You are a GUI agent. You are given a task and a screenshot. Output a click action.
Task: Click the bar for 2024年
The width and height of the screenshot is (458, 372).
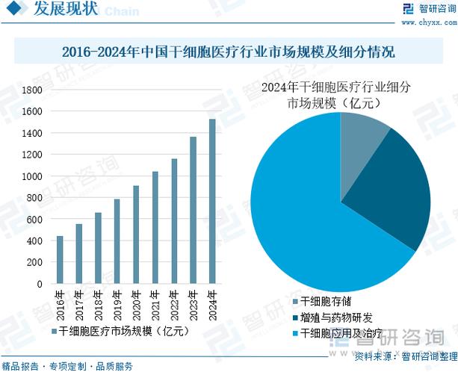point(212,202)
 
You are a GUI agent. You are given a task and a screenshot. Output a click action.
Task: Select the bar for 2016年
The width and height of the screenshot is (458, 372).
point(60,260)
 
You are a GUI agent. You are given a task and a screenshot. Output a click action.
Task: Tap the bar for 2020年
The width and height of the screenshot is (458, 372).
point(136,235)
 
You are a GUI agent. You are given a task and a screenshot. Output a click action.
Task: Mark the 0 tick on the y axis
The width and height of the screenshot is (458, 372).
point(39,285)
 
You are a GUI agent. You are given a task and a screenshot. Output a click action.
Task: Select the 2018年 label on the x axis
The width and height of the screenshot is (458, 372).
point(98,302)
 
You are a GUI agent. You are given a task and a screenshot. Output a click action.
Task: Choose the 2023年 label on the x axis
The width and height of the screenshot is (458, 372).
point(194,302)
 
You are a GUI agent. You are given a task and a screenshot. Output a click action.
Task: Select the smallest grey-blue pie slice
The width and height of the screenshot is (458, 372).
point(362,142)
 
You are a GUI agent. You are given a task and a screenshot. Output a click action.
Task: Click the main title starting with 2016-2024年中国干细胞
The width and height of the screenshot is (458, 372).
point(228,52)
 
